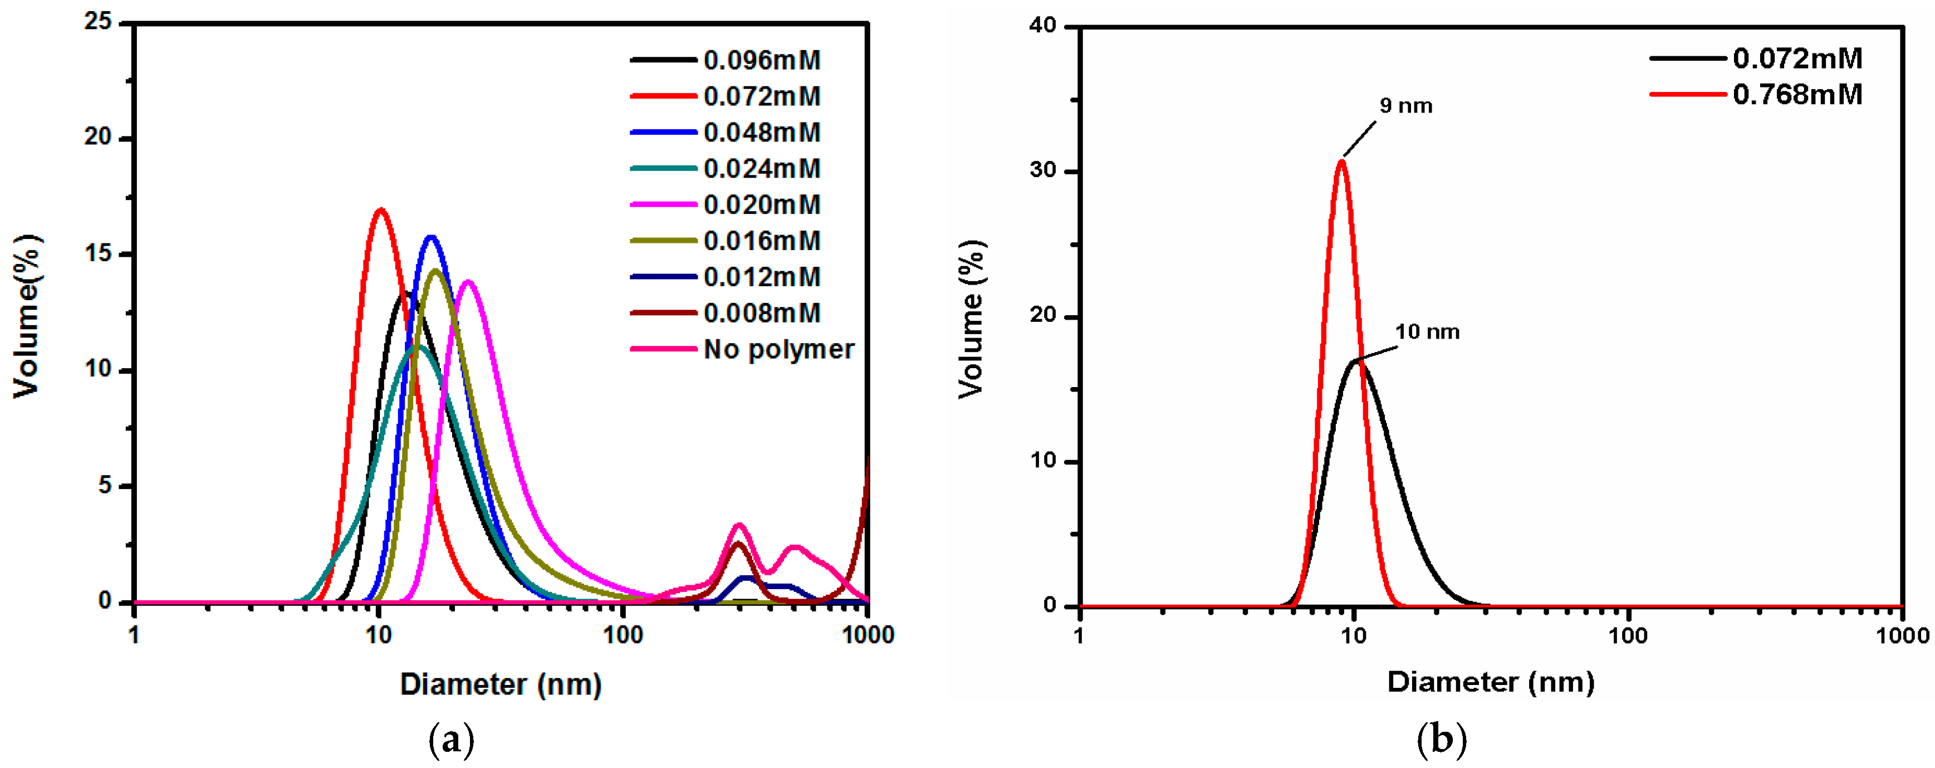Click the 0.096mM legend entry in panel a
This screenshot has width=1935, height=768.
tap(761, 60)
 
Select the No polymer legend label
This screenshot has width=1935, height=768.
tap(778, 349)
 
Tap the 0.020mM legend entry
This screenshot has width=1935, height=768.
tap(761, 204)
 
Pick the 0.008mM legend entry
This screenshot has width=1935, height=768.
tap(761, 314)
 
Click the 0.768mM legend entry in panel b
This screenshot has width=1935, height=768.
tap(1797, 95)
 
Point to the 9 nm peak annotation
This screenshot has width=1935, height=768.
tap(1405, 106)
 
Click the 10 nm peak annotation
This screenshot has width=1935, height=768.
tap(1427, 331)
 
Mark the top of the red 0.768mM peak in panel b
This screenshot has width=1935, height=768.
tap(1341, 161)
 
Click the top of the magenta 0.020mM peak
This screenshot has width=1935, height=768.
tap(468, 282)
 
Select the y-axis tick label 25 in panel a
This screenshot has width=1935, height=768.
tap(97, 22)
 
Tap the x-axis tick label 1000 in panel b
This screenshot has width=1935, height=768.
tap(1901, 636)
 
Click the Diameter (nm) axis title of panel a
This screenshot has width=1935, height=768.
tap(500, 684)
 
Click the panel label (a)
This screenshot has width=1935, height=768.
tap(450, 740)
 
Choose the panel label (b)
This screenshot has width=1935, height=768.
tap(1441, 740)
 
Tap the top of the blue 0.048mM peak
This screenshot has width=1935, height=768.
tap(431, 237)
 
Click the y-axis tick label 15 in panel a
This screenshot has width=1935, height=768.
tap(97, 254)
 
